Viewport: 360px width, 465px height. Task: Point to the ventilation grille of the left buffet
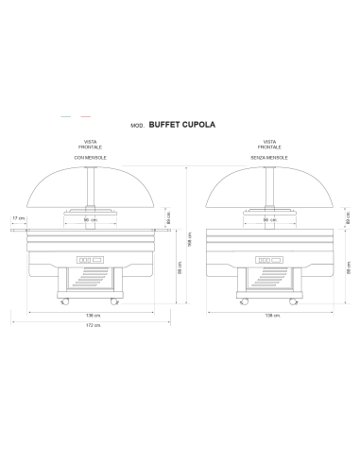(x=92, y=281)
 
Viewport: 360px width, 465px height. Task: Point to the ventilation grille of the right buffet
(x=270, y=281)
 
